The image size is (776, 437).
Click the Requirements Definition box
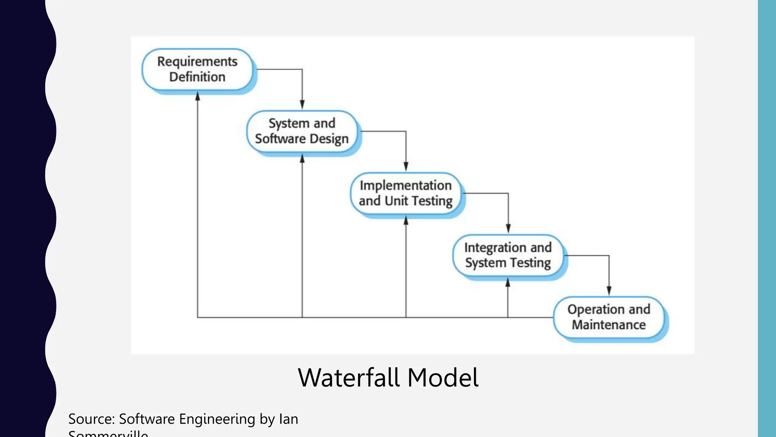(x=197, y=69)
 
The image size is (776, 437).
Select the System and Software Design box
(x=302, y=131)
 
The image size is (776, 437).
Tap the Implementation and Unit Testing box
(x=405, y=193)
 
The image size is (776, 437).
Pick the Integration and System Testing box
(x=508, y=255)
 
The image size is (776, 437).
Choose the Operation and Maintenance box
(x=609, y=317)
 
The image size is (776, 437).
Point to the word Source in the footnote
(x=91, y=419)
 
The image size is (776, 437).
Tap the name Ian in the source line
(x=288, y=419)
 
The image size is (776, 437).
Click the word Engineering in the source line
(x=217, y=419)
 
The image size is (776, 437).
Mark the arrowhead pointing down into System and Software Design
(x=302, y=105)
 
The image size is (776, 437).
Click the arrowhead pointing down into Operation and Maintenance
(x=609, y=291)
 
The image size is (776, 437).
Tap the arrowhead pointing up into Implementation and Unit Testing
(x=406, y=220)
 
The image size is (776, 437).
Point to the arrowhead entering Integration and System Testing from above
(x=508, y=229)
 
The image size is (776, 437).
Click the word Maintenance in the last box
(x=609, y=325)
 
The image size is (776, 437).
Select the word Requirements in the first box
(x=197, y=61)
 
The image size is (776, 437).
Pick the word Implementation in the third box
(x=405, y=185)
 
